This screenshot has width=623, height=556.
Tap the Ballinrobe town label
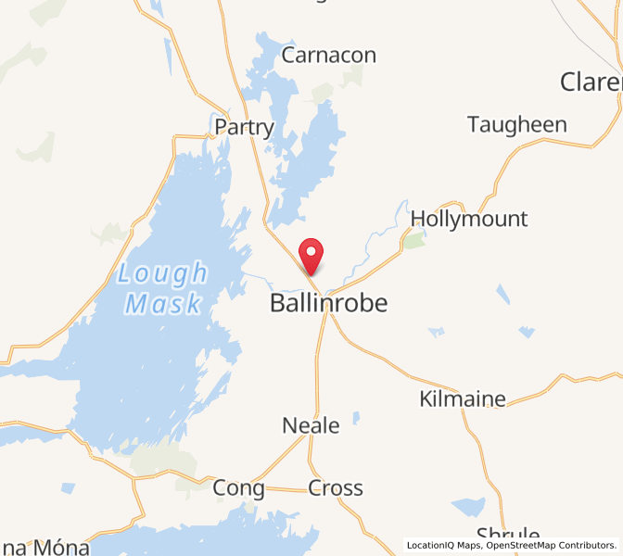click(328, 303)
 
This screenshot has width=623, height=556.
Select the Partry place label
click(244, 127)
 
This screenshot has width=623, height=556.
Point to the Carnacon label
click(328, 56)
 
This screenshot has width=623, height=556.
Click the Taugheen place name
click(516, 124)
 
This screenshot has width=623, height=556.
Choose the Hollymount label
click(468, 220)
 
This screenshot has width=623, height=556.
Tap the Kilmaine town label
click(463, 399)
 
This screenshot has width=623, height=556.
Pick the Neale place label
click(311, 425)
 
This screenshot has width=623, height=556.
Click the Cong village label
click(238, 487)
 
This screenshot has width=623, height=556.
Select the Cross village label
click(336, 487)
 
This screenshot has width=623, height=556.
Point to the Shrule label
click(508, 536)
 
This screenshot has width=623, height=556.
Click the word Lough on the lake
click(163, 274)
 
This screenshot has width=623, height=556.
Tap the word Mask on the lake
click(163, 304)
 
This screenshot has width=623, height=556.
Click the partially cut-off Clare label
click(591, 82)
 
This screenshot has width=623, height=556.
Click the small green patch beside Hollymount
click(413, 241)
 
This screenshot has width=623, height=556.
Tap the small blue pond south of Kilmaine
click(469, 507)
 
